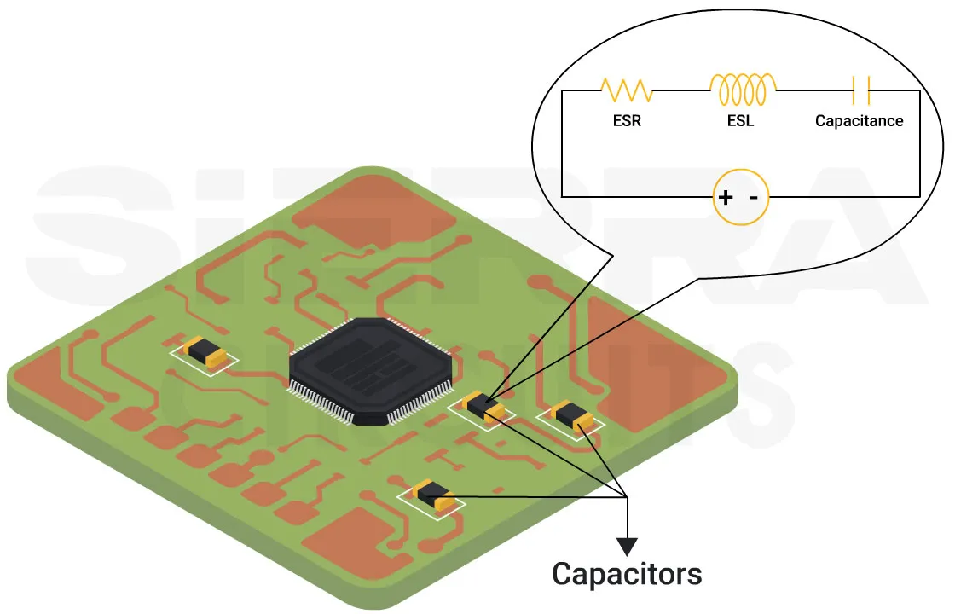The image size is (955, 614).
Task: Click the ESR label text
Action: pyautogui.click(x=627, y=121)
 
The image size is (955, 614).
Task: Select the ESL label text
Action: pyautogui.click(x=740, y=121)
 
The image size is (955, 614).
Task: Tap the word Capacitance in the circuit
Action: pyautogui.click(x=859, y=121)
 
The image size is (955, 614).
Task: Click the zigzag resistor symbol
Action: pyautogui.click(x=627, y=90)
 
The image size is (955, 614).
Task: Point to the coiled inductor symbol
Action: pyautogui.click(x=743, y=88)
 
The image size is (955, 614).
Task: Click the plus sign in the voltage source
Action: pyautogui.click(x=725, y=198)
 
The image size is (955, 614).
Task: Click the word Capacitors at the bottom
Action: pyautogui.click(x=627, y=573)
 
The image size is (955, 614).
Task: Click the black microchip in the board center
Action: pyautogui.click(x=370, y=368)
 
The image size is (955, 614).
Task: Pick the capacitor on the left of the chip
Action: pyautogui.click(x=205, y=352)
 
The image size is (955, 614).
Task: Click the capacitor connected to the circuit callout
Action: pyautogui.click(x=484, y=408)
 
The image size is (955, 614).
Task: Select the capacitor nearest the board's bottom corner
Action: pyautogui.click(x=433, y=495)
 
